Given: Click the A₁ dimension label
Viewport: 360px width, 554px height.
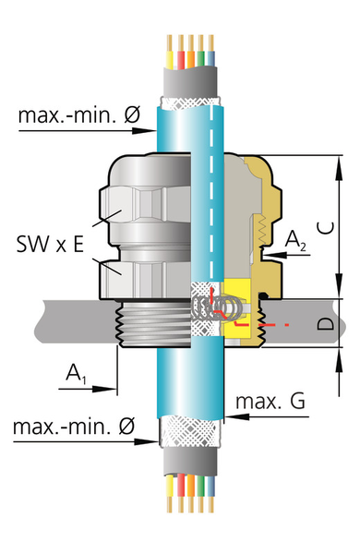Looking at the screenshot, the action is pos(76,374).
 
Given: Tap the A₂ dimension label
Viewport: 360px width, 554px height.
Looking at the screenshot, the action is pos(295,240).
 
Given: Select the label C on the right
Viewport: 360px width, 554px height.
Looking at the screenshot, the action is pos(326,228).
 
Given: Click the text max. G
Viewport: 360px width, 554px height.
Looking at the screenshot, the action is pos(270,402).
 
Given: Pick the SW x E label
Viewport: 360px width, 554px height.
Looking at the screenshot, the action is pos(50,244).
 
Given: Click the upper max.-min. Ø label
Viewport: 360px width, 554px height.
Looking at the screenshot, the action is pos(79,114).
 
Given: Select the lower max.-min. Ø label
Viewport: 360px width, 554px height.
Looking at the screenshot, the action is pos(74,426).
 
